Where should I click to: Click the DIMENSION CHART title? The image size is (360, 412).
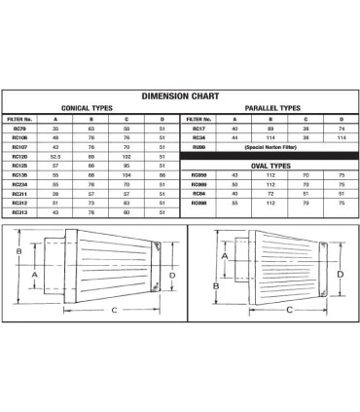point(180,96)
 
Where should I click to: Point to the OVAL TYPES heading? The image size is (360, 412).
point(273,164)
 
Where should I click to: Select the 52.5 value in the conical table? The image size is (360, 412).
point(56,155)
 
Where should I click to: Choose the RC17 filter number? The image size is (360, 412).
point(198,128)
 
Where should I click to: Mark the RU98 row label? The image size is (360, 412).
point(198,146)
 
